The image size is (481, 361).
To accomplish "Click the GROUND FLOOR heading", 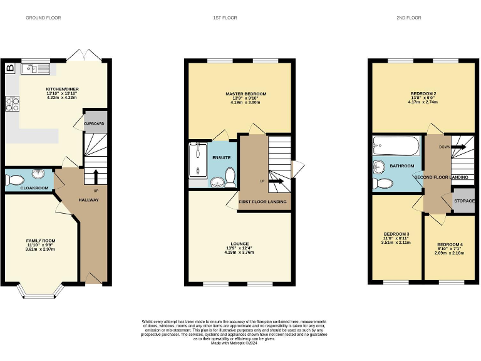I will point(43,18).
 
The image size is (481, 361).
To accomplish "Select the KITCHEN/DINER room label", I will point(61,89).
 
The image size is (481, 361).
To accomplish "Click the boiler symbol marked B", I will point(9,68).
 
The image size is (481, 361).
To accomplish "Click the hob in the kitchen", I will point(12,104).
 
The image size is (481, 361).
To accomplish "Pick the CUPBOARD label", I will point(95,123).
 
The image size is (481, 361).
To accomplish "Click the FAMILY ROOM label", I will point(41,241).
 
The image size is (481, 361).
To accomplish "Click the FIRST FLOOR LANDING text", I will point(263,202).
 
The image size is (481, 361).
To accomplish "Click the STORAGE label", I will point(464,201).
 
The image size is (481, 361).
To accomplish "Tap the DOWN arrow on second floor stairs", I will point(460,147).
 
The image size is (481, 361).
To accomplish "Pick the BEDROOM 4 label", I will point(450,244).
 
